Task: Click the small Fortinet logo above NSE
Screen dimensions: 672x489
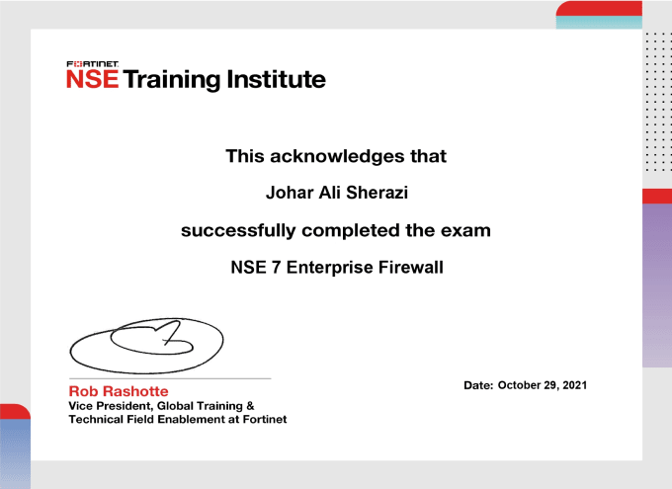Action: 93,64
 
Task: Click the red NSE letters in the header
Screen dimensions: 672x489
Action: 93,79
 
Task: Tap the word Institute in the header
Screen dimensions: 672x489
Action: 276,79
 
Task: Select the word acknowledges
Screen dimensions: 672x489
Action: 337,156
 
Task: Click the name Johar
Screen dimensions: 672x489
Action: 290,193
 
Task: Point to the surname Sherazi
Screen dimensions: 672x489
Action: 377,193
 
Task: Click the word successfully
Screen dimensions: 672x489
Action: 238,230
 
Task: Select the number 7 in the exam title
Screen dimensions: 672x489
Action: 276,268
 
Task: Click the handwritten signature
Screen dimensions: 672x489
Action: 146,346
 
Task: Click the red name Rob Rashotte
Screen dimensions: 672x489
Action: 119,391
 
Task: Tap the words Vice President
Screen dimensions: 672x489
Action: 110,406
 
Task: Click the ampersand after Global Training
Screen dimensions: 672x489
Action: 251,406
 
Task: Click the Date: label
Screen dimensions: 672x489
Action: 478,385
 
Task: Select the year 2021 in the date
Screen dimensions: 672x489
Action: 575,385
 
